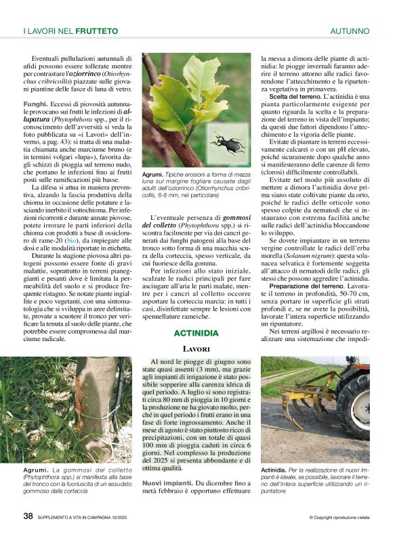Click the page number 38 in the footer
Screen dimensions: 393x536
tap(28, 516)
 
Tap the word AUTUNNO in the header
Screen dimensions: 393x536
tap(350, 31)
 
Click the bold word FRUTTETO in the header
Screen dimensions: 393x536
tap(96, 31)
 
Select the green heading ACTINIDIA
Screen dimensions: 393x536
tap(196, 333)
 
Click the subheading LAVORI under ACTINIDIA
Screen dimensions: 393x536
tap(196, 349)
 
